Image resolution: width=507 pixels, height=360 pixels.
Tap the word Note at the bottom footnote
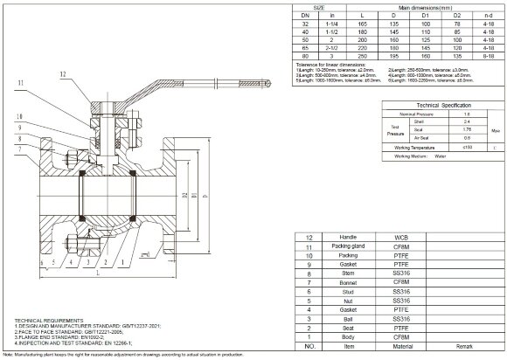[x=9, y=354]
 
